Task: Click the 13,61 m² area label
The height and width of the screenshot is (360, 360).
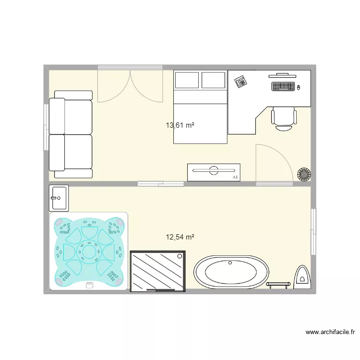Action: coord(180,125)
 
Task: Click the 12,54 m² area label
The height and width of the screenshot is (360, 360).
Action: coord(180,237)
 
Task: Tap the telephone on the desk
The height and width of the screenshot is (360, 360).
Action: coord(240,82)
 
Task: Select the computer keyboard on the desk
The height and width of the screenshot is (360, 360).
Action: coord(283,87)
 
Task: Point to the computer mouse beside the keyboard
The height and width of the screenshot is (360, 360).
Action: coord(299,87)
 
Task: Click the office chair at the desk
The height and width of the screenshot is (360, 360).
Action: coord(283,118)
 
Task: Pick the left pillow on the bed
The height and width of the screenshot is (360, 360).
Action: coord(187,80)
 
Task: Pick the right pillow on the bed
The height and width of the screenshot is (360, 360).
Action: coord(214,80)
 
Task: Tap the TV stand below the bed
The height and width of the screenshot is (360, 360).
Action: coord(214,172)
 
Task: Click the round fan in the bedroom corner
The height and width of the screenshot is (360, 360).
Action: coord(304,174)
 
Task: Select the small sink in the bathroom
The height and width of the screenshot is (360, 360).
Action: coord(59,198)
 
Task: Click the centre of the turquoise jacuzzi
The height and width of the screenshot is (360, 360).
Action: coord(89,251)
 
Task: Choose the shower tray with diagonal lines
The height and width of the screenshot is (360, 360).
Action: coord(157,271)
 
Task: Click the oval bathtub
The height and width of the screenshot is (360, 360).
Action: coord(231,272)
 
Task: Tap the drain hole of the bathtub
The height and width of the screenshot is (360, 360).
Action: coord(230,263)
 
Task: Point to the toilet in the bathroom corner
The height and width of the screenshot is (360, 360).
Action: coord(303,277)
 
